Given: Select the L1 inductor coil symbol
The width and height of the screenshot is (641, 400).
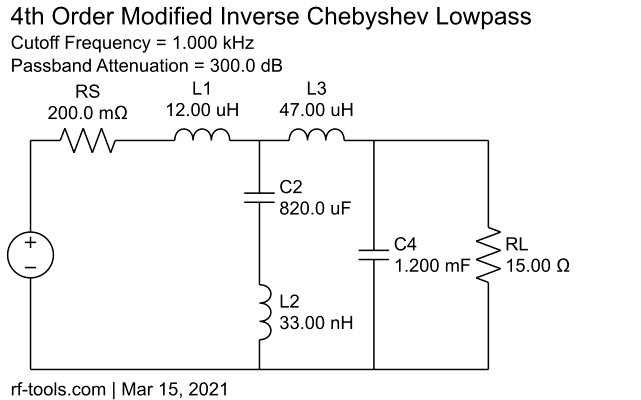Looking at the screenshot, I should [202, 137].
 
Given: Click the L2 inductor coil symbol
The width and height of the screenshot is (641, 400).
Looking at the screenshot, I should [263, 312].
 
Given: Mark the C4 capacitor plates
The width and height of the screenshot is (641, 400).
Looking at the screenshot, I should [374, 254].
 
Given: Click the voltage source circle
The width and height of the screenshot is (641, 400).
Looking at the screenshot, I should [31, 255].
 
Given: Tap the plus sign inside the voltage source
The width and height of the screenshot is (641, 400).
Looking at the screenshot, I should [31, 243].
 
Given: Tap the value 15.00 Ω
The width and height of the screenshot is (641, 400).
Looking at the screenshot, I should [539, 267].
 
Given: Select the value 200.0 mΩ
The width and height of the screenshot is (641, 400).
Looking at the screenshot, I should [88, 113].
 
